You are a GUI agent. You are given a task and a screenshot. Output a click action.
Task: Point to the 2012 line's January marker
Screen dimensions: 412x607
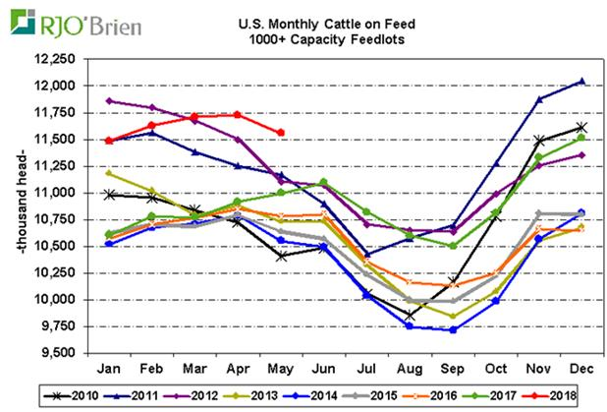pyautogui.click(x=109, y=100)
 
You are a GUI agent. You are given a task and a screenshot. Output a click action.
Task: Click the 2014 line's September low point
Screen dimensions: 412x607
pyautogui.click(x=453, y=329)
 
